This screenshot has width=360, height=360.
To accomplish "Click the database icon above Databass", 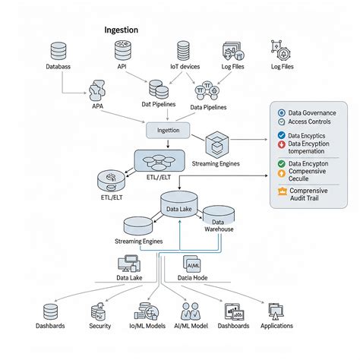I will click(x=58, y=52).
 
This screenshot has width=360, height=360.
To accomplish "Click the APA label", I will click(x=97, y=106).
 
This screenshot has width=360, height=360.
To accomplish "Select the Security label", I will click(x=100, y=326).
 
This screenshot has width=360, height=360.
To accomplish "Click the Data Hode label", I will click(x=193, y=279).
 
